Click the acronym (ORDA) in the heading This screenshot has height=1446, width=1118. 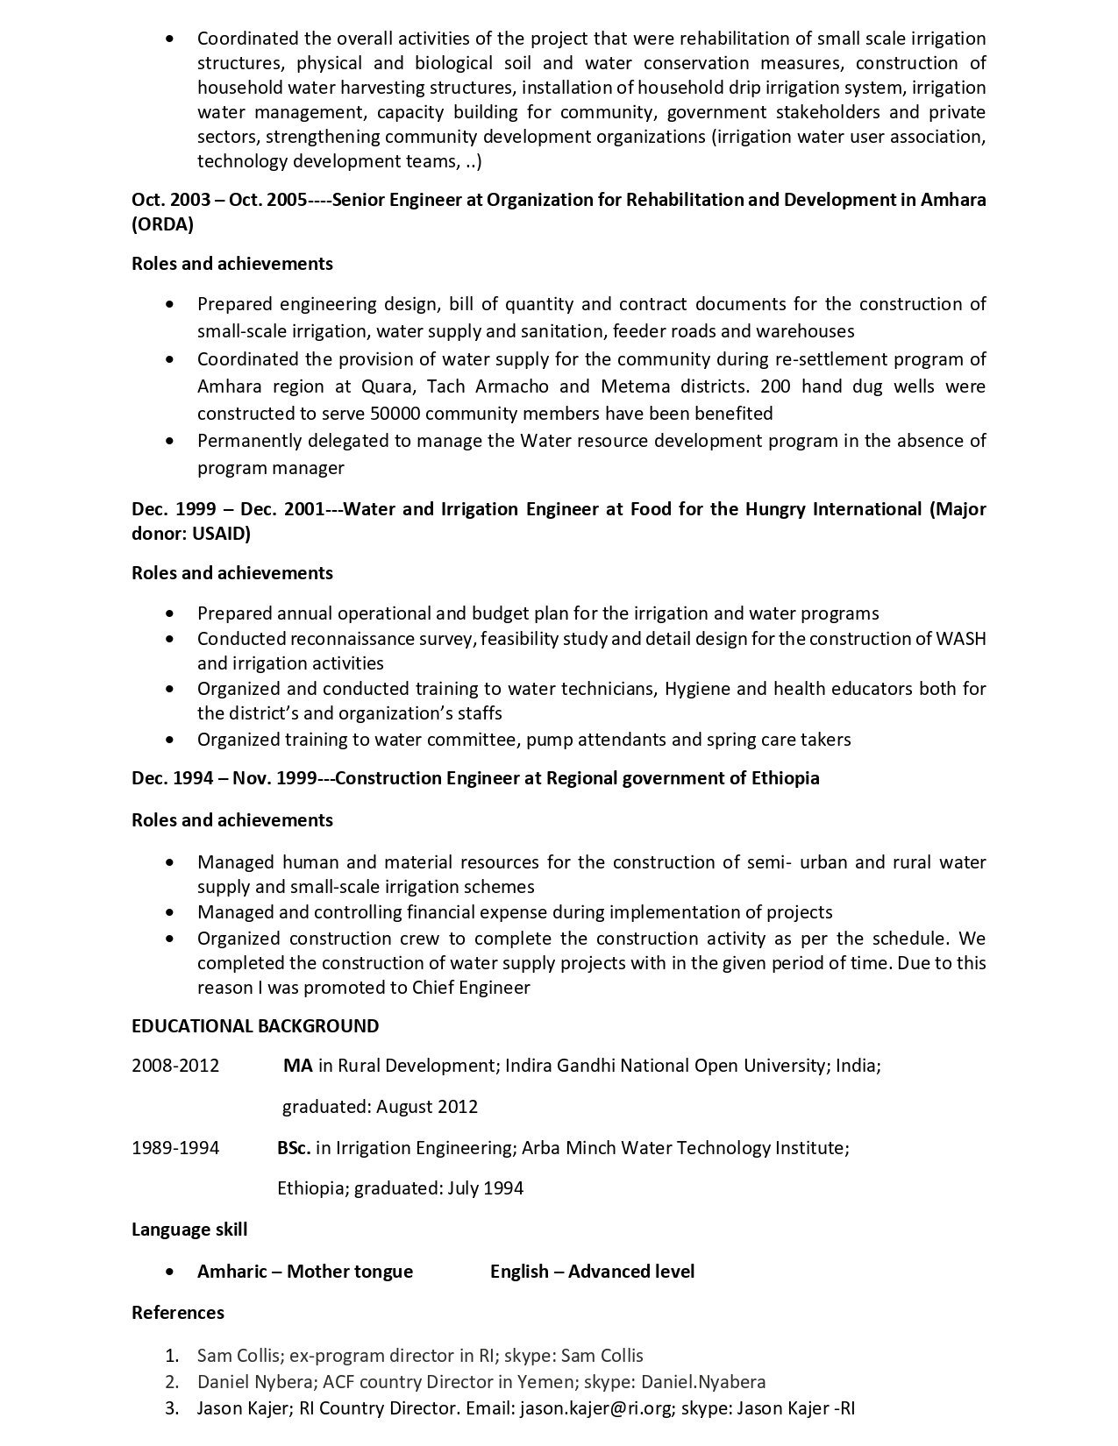pyautogui.click(x=162, y=224)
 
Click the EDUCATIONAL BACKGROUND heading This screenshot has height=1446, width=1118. pyautogui.click(x=255, y=1026)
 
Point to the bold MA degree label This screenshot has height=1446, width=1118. pyautogui.click(x=297, y=1067)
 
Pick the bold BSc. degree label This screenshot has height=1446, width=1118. pyautogui.click(x=294, y=1148)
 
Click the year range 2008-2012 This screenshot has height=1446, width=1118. pyautogui.click(x=175, y=1067)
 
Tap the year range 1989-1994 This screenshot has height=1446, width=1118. pyautogui.click(x=175, y=1148)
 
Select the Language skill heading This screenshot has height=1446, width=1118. pyautogui.click(x=189, y=1230)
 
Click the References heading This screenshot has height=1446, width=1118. pyautogui.click(x=178, y=1313)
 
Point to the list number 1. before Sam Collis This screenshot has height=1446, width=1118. pyautogui.click(x=172, y=1356)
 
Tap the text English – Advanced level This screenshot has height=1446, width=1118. pyautogui.click(x=592, y=1272)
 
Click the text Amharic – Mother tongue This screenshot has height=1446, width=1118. pyautogui.click(x=304, y=1272)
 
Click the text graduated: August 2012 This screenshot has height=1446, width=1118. pyautogui.click(x=380, y=1107)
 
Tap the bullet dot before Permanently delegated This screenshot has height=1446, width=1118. pyautogui.click(x=169, y=441)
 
